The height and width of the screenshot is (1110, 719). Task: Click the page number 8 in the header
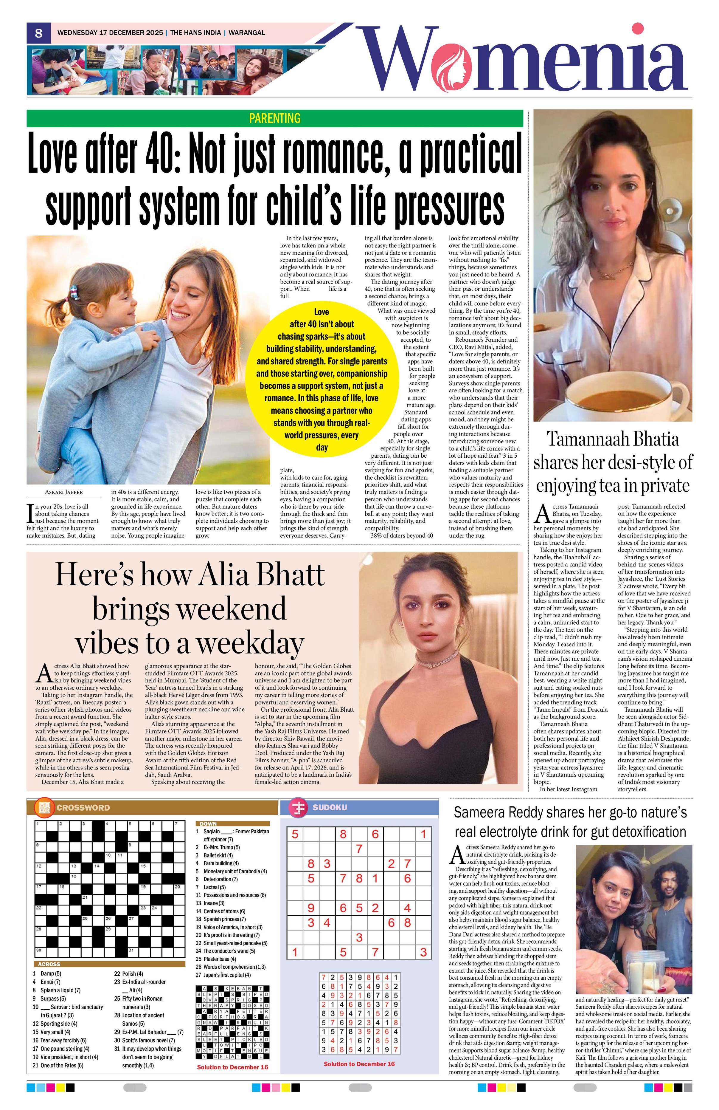click(x=39, y=33)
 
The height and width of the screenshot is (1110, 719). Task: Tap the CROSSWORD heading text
click(x=83, y=807)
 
